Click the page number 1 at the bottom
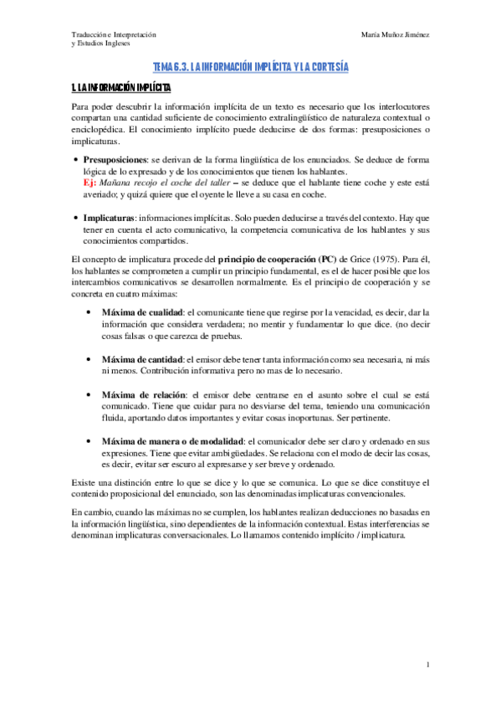[x=427, y=665]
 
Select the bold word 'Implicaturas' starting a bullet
[x=111, y=216]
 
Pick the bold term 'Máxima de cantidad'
[x=141, y=358]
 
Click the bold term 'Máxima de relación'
[x=141, y=394]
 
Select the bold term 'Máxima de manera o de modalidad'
[x=171, y=441]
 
